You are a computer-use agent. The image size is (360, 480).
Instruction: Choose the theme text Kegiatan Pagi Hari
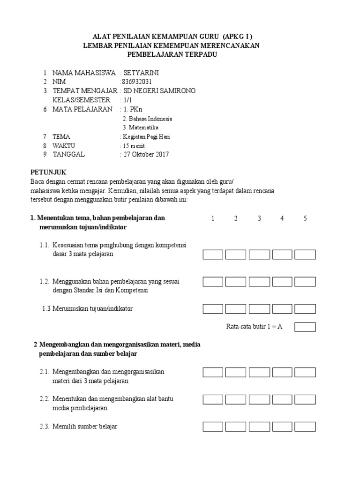tap(146, 136)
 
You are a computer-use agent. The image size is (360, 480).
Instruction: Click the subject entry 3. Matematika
tap(141, 127)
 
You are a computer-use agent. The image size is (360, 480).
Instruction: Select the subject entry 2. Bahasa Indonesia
tap(147, 119)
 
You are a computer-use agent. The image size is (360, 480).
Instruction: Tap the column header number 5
tap(305, 218)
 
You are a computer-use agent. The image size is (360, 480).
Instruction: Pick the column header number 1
tap(213, 218)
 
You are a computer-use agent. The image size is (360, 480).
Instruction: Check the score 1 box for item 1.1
tap(213, 255)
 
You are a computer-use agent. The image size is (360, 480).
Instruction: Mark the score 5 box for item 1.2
tap(305, 282)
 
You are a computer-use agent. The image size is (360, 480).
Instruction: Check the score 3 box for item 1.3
tap(259, 309)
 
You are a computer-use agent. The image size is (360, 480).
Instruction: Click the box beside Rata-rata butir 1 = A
tap(305, 327)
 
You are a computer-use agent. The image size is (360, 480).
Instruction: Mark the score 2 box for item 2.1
tap(236, 372)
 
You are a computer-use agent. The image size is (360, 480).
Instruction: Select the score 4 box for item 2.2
tap(282, 399)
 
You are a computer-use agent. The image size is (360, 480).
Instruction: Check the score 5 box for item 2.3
tap(305, 427)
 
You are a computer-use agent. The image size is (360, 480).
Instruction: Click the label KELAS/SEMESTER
tap(82, 100)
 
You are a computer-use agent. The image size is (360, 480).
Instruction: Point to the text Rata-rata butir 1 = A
tap(254, 327)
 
